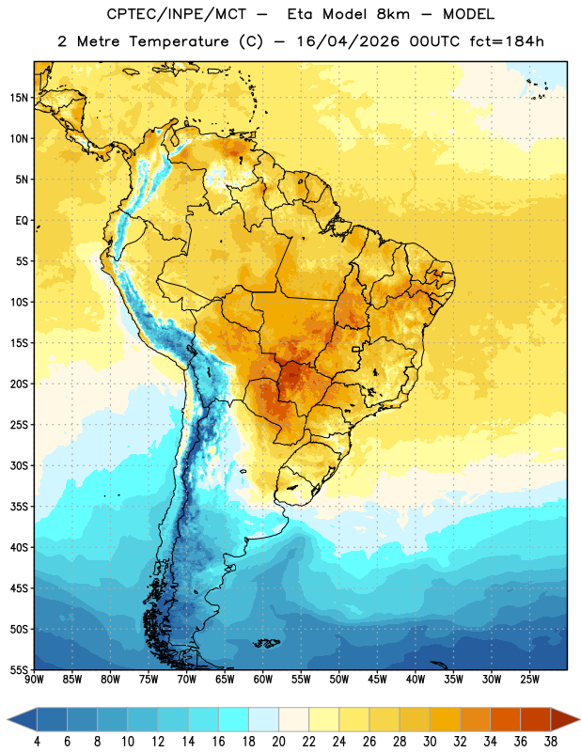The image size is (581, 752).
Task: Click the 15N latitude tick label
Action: (x=19, y=98)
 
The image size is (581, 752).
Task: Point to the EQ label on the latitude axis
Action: (x=22, y=221)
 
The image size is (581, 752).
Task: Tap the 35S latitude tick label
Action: (x=19, y=507)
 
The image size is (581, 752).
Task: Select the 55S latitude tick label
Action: (x=19, y=669)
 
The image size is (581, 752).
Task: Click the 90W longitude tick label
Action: (x=34, y=680)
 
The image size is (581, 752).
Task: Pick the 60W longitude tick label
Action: (x=263, y=680)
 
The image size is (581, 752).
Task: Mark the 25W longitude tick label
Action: (x=529, y=680)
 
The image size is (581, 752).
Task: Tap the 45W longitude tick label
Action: (x=377, y=680)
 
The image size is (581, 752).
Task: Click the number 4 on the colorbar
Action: (x=37, y=742)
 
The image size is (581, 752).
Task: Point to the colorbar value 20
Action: (x=278, y=742)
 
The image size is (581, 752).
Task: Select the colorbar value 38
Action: (x=551, y=742)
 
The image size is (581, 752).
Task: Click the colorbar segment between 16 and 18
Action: (x=234, y=720)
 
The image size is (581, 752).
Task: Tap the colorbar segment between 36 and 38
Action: (x=536, y=720)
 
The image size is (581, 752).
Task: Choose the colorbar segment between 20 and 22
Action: (x=293, y=720)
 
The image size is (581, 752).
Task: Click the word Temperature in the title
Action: (x=179, y=41)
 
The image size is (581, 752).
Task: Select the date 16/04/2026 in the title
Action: (x=348, y=41)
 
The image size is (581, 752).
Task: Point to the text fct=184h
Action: (x=507, y=41)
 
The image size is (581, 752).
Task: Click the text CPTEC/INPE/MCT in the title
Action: (x=176, y=15)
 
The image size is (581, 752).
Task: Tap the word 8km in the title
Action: (x=393, y=14)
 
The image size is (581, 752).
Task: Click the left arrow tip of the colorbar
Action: (x=8, y=720)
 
